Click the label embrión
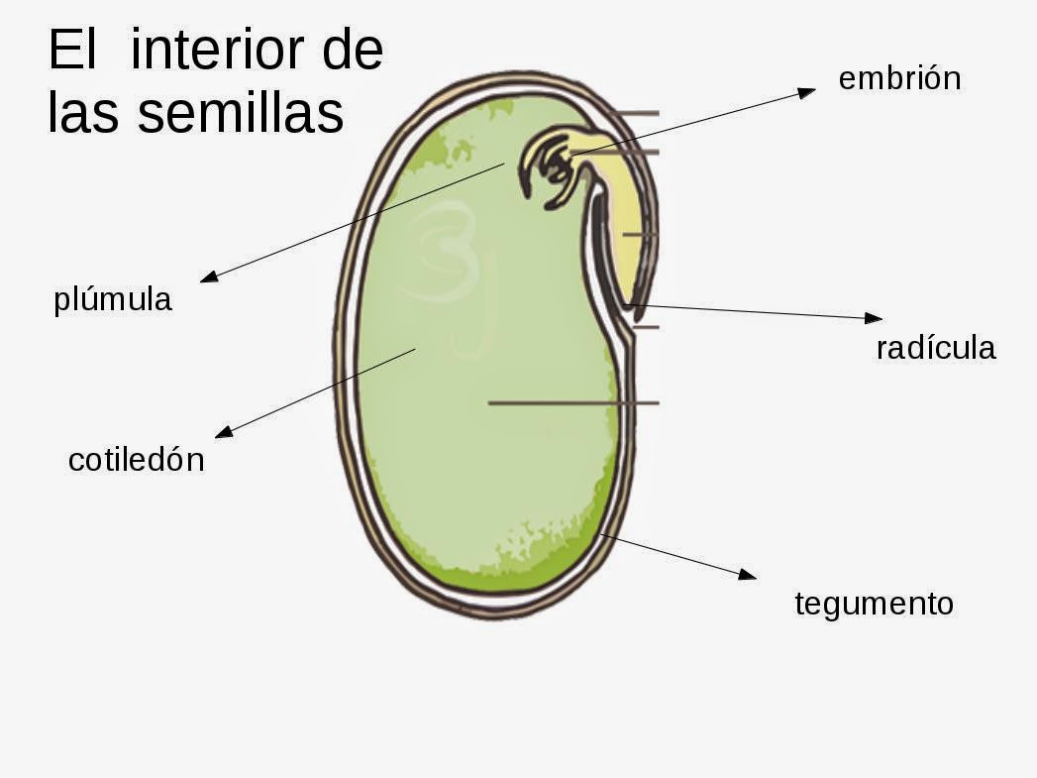point(899,78)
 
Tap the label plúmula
point(113,299)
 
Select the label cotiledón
point(136,460)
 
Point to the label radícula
point(936,348)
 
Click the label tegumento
point(874,603)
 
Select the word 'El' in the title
point(70,52)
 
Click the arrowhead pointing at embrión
point(807,91)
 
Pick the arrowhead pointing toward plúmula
point(208,278)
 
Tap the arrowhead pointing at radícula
point(874,318)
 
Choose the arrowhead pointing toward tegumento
point(748,574)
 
